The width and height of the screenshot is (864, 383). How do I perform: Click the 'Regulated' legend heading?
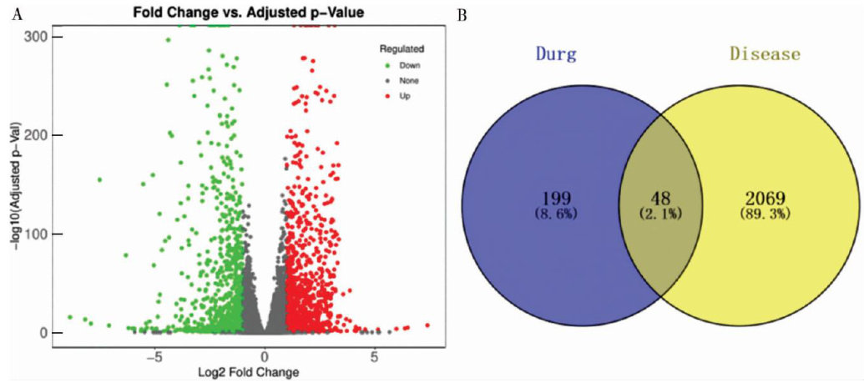pyautogui.click(x=402, y=48)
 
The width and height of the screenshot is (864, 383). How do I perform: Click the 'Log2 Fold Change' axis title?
pyautogui.click(x=265, y=371)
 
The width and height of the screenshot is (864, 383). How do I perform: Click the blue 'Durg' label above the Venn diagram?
pyautogui.click(x=556, y=56)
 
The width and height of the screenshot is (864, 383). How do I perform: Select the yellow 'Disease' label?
pyautogui.click(x=765, y=55)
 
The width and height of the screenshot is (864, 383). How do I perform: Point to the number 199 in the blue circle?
pyautogui.click(x=555, y=200)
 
